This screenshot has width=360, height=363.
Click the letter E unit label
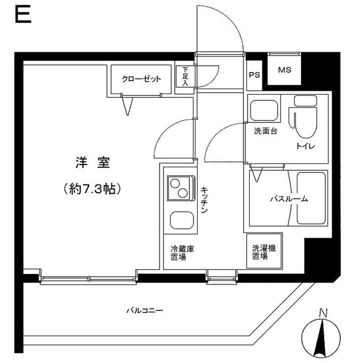[22, 14]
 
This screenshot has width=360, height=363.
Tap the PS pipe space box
[253, 73]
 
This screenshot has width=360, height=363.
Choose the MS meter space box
[284, 71]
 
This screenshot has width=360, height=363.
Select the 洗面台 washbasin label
[265, 132]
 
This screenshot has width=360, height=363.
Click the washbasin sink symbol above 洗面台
[263, 109]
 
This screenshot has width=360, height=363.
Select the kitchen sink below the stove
[181, 220]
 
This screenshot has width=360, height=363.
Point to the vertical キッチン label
[204, 200]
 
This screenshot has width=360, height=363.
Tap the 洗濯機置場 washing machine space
[260, 252]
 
